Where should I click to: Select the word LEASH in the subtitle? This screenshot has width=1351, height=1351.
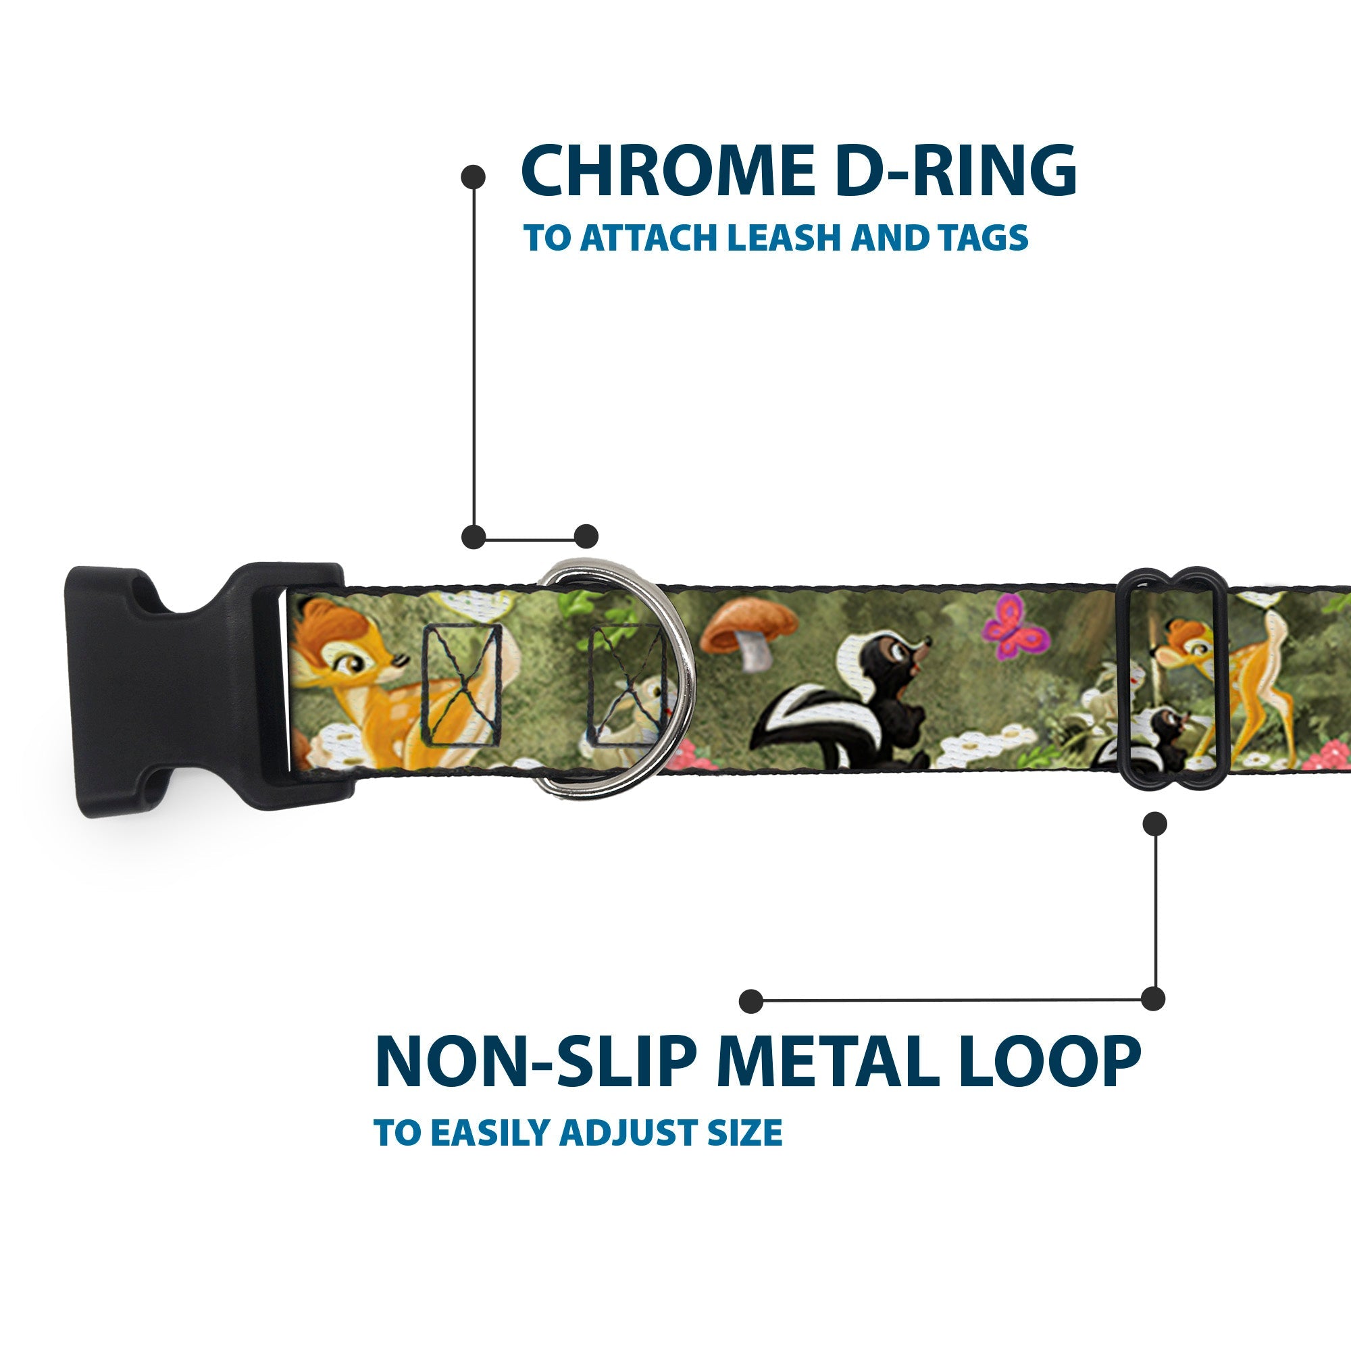783,238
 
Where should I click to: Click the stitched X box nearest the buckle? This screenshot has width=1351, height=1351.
461,684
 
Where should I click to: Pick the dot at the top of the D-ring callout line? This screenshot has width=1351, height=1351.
474,177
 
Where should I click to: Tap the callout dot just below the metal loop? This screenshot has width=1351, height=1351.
1154,823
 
